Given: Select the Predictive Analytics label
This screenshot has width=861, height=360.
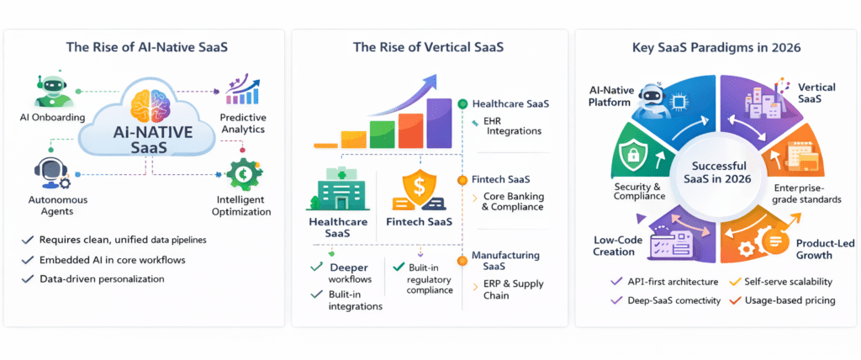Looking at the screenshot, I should click(x=243, y=124).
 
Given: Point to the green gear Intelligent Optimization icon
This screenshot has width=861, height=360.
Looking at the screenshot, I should click(x=244, y=174).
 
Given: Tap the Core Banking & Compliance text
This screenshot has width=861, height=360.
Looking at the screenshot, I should click(x=513, y=201).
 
